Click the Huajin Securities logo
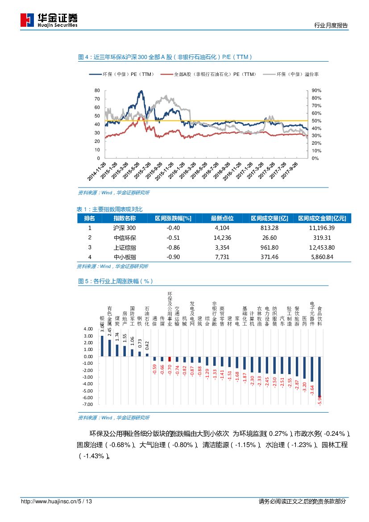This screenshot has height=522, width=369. (x=49, y=20)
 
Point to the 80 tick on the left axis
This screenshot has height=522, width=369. (x=97, y=91)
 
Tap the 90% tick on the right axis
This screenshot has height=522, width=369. (x=316, y=91)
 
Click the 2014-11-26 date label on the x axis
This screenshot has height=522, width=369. (x=96, y=171)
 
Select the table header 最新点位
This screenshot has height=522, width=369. (x=222, y=218)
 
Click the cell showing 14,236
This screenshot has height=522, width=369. (x=222, y=238)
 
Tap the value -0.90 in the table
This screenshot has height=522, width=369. (x=173, y=257)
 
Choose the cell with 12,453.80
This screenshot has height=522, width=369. (x=321, y=247)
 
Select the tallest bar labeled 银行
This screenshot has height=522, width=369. (x=102, y=346)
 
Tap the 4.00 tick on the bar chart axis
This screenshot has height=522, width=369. (x=88, y=329)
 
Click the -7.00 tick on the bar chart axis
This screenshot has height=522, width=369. (x=88, y=404)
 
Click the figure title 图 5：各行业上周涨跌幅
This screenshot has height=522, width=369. (x=116, y=281)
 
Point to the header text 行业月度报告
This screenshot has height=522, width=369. (x=331, y=25)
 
